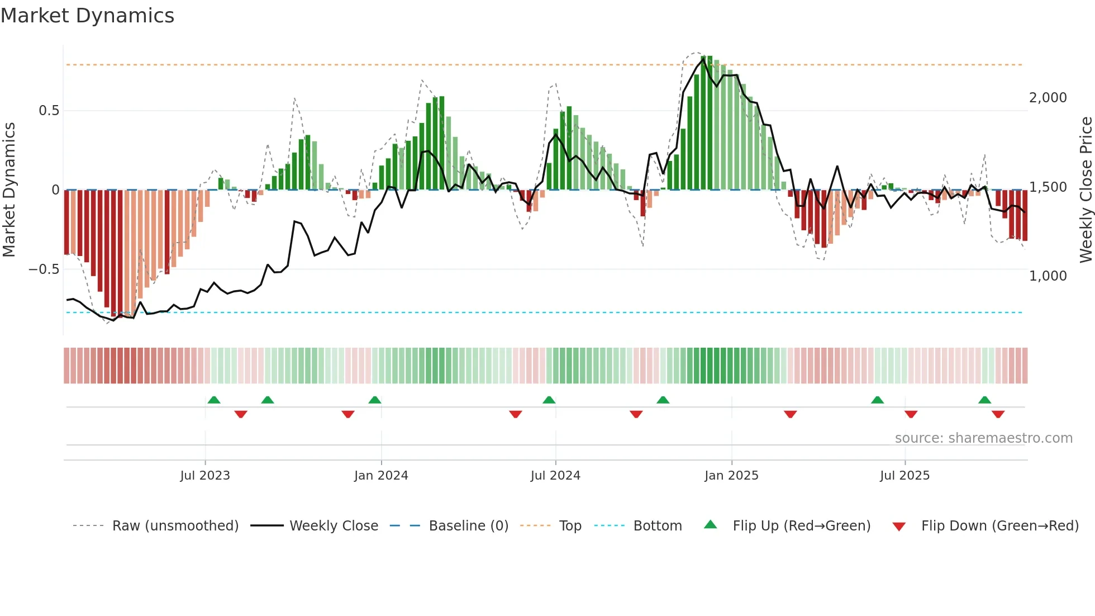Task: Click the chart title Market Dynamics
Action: tap(87, 16)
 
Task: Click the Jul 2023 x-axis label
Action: tap(205, 476)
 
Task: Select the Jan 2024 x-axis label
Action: tap(381, 476)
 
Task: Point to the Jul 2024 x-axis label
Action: tap(555, 476)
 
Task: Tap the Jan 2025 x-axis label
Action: tap(731, 476)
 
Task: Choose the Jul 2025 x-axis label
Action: tap(904, 476)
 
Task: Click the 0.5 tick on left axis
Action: tap(49, 111)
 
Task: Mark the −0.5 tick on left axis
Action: tap(44, 269)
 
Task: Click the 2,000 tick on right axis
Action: tap(1048, 98)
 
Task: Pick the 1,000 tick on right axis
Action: tap(1048, 276)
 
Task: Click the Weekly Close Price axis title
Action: tap(1086, 190)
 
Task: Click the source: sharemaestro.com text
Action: tap(983, 438)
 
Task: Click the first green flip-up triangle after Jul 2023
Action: tap(214, 400)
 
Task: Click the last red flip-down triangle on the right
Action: tap(998, 414)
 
